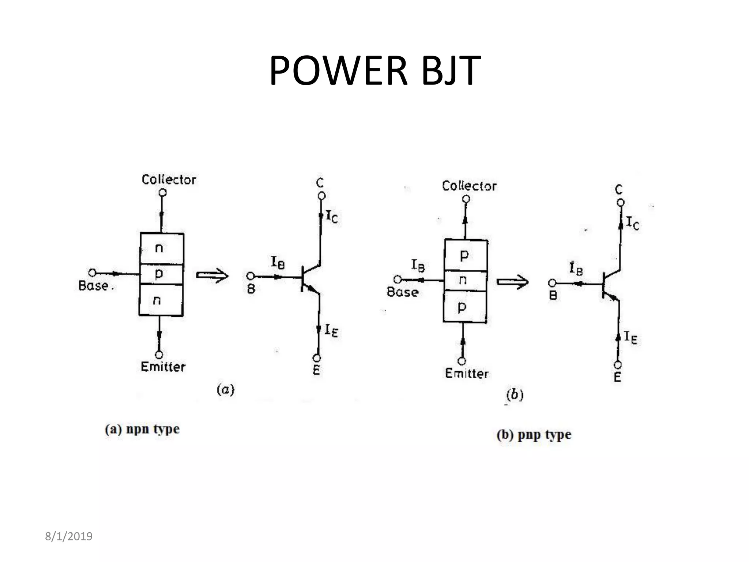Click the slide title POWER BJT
(374, 70)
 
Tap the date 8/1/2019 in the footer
(68, 536)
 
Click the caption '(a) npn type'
(142, 429)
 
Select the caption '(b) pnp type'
(534, 435)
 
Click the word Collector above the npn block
(169, 180)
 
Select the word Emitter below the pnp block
(467, 374)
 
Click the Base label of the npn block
(94, 286)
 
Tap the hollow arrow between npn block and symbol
(212, 276)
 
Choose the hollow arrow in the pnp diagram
(512, 282)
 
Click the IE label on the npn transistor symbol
(331, 330)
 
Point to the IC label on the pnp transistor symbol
(632, 223)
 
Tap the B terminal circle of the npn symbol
(251, 276)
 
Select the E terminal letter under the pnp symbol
(617, 377)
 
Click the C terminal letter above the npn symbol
(320, 183)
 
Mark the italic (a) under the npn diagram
(225, 389)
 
